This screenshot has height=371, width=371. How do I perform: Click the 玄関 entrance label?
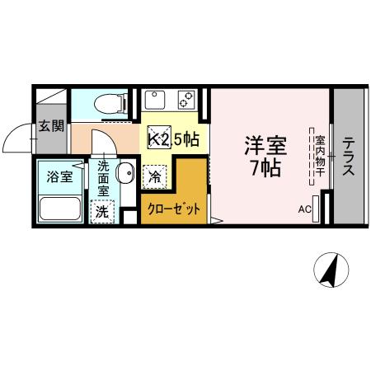[51, 126]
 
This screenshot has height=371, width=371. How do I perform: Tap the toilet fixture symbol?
[106, 103]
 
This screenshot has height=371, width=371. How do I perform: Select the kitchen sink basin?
[156, 101]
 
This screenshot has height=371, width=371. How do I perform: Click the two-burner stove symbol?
[187, 101]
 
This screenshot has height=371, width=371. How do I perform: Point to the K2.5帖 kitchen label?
[173, 140]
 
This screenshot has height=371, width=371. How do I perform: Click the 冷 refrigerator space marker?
[154, 175]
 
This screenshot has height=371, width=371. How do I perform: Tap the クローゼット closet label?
[173, 209]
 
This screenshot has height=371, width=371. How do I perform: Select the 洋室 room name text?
[264, 147]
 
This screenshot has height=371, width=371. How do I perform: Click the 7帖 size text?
[264, 170]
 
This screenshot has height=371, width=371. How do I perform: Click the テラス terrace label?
[348, 156]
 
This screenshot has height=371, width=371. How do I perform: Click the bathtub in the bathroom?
[59, 209]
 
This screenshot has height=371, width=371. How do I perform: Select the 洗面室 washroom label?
[103, 176]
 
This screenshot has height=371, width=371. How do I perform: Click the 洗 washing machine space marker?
[101, 210]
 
